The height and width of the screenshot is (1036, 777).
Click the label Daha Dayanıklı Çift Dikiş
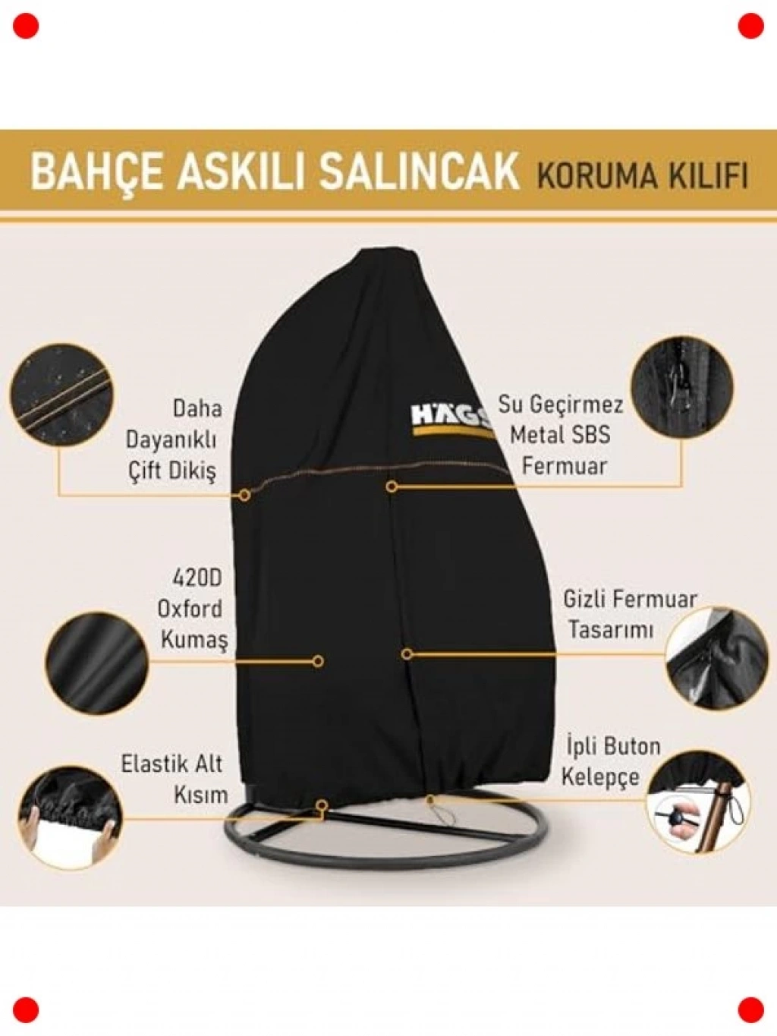coord(171,441)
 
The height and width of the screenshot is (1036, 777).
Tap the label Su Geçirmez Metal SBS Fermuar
coord(561,435)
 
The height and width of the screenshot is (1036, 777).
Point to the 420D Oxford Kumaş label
coord(193,609)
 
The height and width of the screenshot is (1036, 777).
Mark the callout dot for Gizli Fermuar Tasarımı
coord(407,654)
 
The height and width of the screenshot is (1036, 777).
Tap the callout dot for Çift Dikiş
coord(244,495)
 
